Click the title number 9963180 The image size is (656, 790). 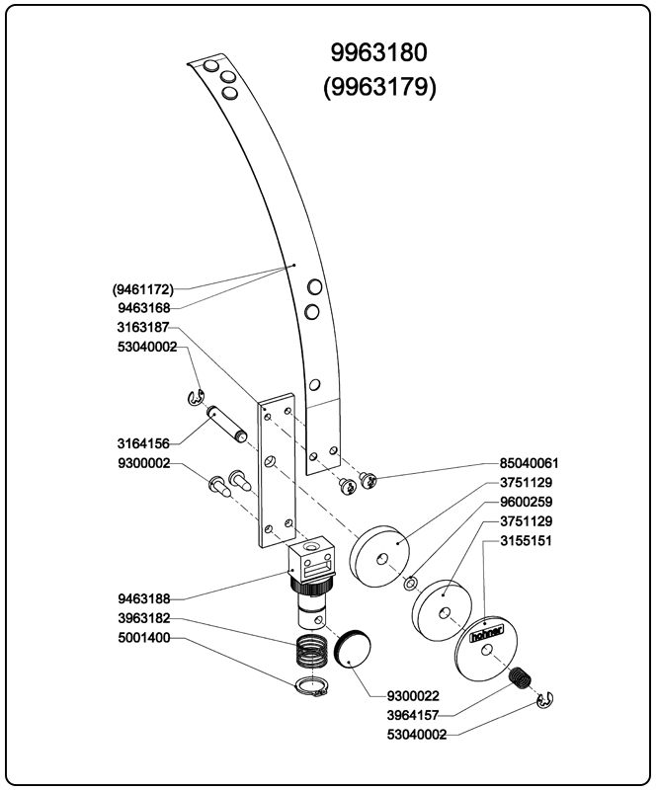(380, 52)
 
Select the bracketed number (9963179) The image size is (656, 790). (380, 87)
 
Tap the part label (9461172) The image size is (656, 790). (143, 289)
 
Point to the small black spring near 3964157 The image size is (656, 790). (520, 680)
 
